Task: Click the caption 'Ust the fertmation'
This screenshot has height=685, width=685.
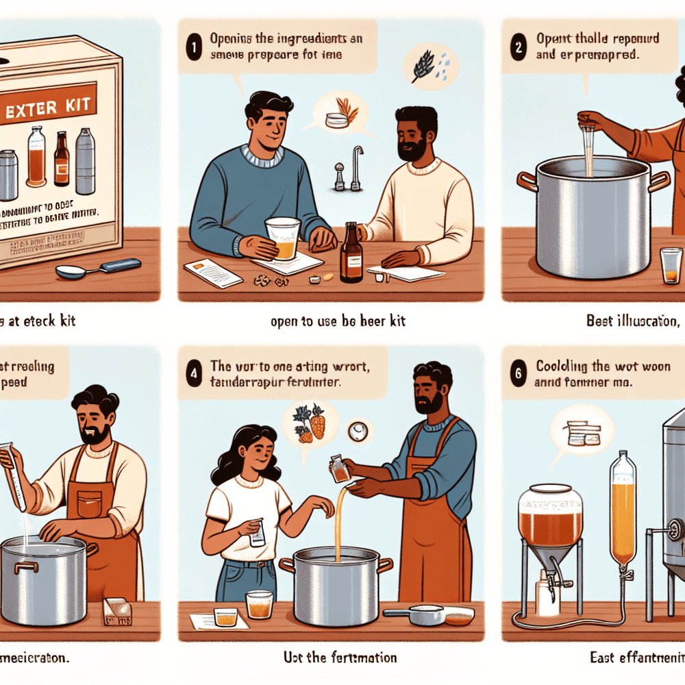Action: [340, 658]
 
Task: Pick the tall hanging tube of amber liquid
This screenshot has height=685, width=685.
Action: [623, 510]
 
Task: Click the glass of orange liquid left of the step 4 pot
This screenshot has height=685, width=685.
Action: [260, 604]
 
